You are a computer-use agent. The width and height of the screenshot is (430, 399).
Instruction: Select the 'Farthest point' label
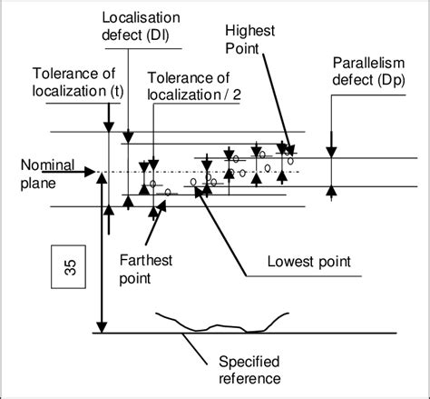coord(144,269)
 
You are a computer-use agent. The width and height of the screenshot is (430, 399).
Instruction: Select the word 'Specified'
coord(241,361)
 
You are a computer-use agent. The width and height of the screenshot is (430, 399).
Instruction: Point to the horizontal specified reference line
coord(345,334)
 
